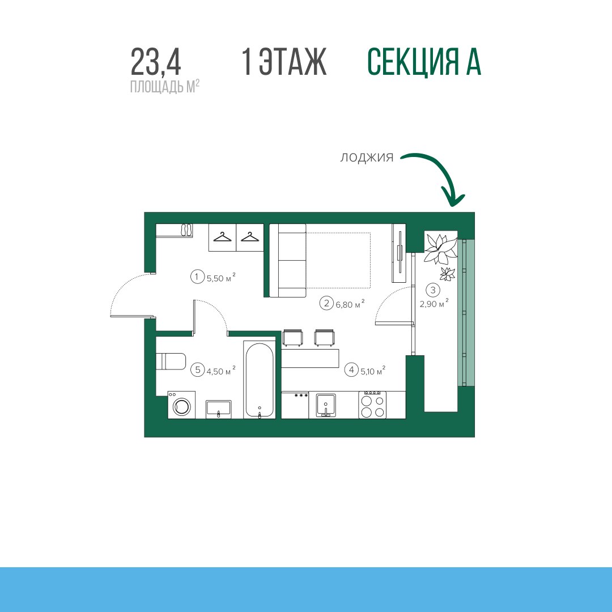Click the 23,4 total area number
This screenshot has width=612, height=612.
156,62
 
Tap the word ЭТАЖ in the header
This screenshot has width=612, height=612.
293,62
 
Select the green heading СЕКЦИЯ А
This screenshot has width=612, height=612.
424,62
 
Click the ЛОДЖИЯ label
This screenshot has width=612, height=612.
367,158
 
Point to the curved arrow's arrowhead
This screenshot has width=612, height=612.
453,198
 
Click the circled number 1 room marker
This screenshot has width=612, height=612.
198,277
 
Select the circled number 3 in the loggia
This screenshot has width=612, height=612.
433,290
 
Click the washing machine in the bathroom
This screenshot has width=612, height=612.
181,405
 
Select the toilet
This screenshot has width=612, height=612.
171,362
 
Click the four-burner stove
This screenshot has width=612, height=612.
372,405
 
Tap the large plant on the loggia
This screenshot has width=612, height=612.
441,248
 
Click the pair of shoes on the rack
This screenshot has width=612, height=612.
186,229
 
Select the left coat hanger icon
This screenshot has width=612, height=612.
222,237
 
